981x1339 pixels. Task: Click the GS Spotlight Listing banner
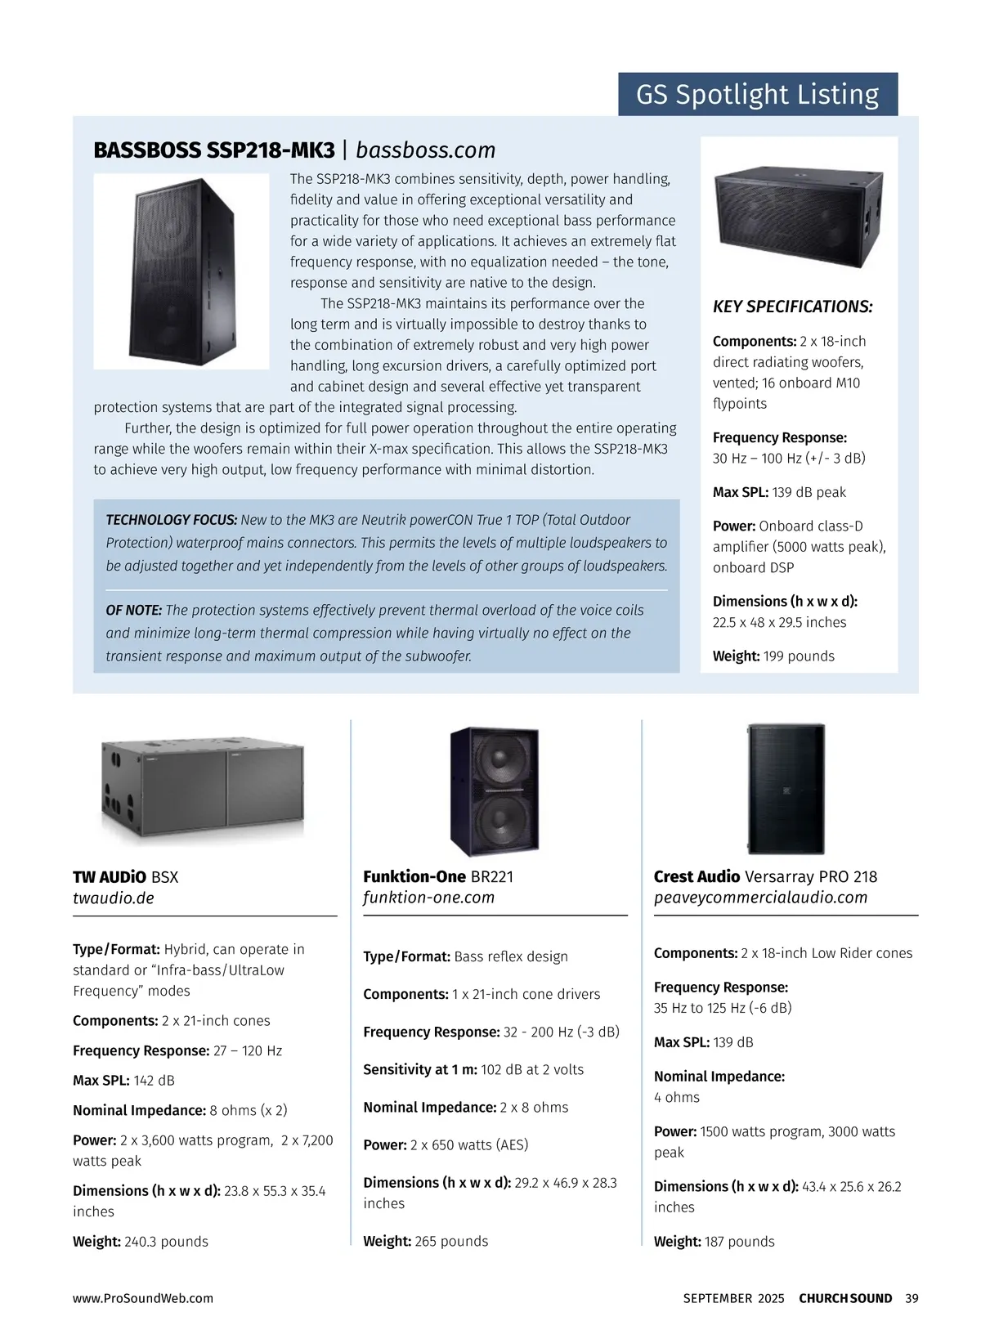tap(757, 95)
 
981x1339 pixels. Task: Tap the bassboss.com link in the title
tap(426, 150)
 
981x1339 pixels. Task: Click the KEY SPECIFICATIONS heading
tap(792, 307)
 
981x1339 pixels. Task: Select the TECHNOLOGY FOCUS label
tap(172, 520)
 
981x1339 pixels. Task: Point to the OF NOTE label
tap(134, 611)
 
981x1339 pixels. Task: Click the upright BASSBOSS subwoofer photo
tap(181, 271)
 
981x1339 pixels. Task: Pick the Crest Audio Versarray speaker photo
tap(786, 789)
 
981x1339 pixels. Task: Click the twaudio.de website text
tap(114, 898)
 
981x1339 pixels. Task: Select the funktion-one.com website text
tap(428, 898)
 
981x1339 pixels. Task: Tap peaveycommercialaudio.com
tap(760, 898)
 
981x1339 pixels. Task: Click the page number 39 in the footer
tap(912, 1298)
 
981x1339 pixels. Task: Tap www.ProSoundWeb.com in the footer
tap(143, 1298)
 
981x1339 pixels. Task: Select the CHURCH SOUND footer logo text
tap(845, 1298)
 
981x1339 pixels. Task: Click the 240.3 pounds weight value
tap(166, 1242)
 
